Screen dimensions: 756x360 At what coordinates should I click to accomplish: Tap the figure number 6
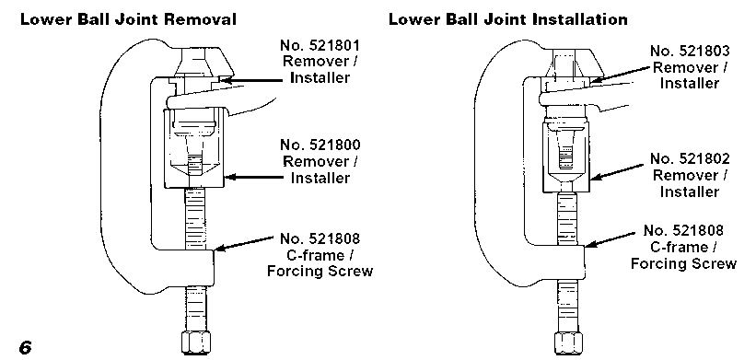pos(25,347)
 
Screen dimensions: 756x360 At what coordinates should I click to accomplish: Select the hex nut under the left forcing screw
pos(196,342)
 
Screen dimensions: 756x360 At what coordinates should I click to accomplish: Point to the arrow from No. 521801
pos(250,80)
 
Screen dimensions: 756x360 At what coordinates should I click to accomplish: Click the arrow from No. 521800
pos(253,177)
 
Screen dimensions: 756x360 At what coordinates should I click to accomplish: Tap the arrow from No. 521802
pos(617,172)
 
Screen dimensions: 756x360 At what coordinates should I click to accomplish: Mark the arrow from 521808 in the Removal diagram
pos(244,243)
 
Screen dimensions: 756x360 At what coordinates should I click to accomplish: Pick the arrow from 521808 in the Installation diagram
pos(610,240)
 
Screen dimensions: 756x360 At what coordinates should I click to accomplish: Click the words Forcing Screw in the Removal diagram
pos(320,272)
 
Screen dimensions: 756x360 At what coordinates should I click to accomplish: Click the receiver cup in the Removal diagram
pos(193,148)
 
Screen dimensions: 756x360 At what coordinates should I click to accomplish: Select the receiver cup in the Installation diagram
pos(566,157)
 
